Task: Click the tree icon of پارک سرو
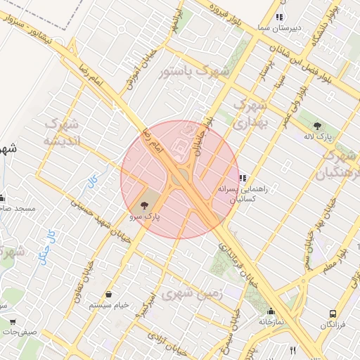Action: (x=144, y=206)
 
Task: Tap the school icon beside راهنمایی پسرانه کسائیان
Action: (x=243, y=179)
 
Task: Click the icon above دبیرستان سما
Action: (x=279, y=16)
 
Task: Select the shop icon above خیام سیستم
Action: (x=109, y=294)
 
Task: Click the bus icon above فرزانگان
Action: (x=333, y=314)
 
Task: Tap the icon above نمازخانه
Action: (x=271, y=311)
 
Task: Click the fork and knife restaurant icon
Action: (x=292, y=350)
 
